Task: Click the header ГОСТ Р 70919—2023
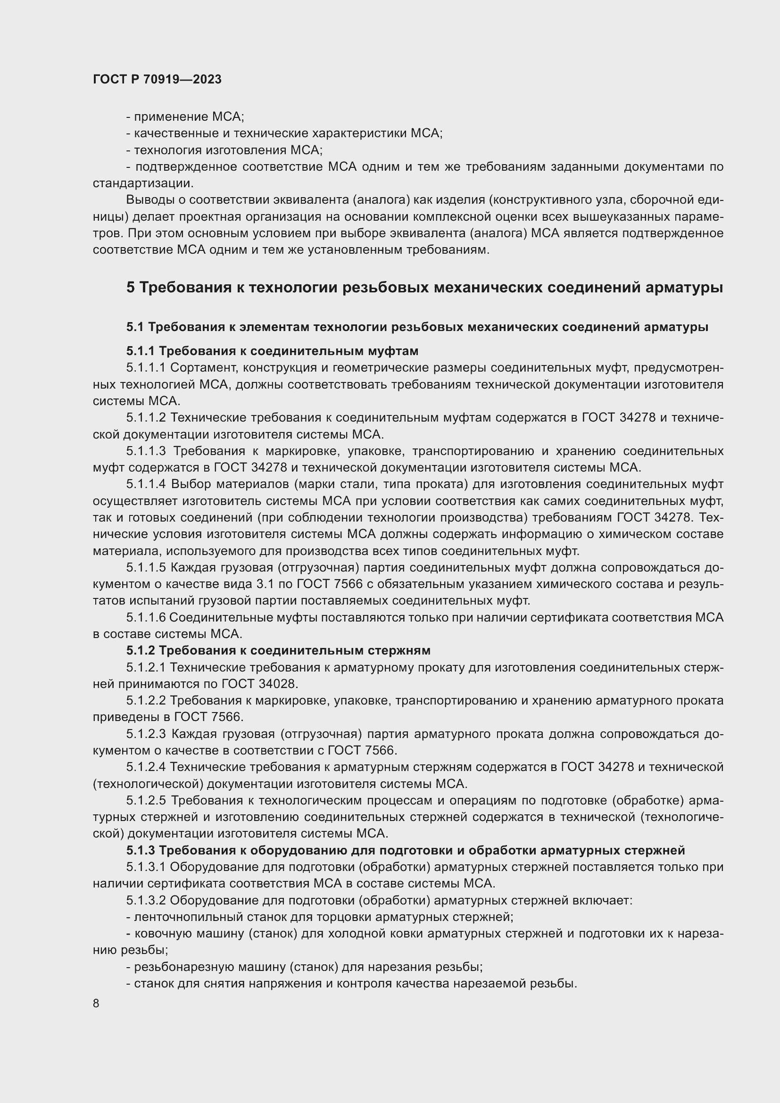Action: click(157, 79)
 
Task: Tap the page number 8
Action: click(96, 1003)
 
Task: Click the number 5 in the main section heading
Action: click(131, 287)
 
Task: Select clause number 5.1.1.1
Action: click(146, 367)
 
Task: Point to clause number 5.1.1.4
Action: click(146, 484)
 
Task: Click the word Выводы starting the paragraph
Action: click(148, 200)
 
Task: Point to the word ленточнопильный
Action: click(188, 917)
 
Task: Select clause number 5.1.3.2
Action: click(146, 900)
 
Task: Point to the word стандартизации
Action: click(142, 183)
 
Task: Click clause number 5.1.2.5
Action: click(146, 800)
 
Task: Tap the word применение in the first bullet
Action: click(165, 117)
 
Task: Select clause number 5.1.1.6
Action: click(146, 617)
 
